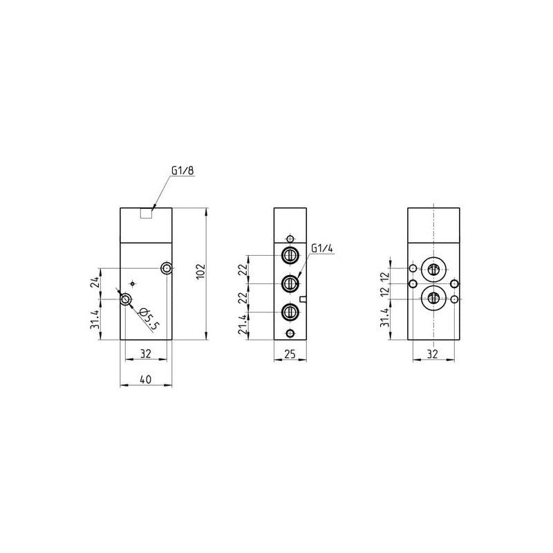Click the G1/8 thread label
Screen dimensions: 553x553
click(x=182, y=170)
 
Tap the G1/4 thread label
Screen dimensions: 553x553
click(x=321, y=248)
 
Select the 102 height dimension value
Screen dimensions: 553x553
click(x=200, y=271)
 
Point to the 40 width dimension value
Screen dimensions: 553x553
click(x=146, y=379)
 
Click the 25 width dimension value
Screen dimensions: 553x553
click(x=290, y=354)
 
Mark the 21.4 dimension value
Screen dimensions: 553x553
click(x=242, y=325)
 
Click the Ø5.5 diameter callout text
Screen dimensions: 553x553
click(x=149, y=319)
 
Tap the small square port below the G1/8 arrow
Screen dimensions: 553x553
click(x=146, y=214)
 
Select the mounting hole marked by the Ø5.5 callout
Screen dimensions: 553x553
click(x=125, y=299)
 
